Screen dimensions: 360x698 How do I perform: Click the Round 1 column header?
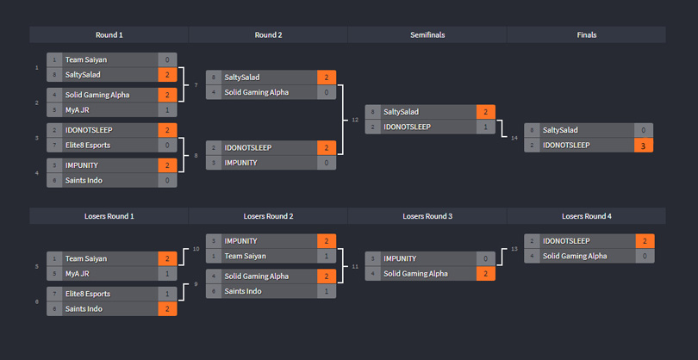pyautogui.click(x=109, y=34)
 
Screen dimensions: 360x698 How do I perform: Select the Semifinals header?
pyautogui.click(x=427, y=34)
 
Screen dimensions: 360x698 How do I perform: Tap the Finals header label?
pyautogui.click(x=586, y=34)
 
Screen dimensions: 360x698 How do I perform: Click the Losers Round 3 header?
pyautogui.click(x=427, y=216)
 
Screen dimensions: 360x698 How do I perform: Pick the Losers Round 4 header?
pyautogui.click(x=586, y=216)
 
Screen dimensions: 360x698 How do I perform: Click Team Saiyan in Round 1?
pyautogui.click(x=86, y=60)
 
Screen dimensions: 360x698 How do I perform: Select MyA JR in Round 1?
pyautogui.click(x=77, y=110)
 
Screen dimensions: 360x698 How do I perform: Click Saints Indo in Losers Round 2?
pyautogui.click(x=243, y=291)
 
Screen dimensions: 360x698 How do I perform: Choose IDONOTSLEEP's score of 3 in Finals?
pyautogui.click(x=644, y=146)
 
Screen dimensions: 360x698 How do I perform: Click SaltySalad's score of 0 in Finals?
pyautogui.click(x=644, y=130)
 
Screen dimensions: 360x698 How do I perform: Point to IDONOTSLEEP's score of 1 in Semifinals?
pyautogui.click(x=486, y=127)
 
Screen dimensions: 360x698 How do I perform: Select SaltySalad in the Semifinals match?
pyautogui.click(x=402, y=112)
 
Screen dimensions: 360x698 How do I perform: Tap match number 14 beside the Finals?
pyautogui.click(x=514, y=138)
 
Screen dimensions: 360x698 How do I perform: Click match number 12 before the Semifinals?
pyautogui.click(x=355, y=120)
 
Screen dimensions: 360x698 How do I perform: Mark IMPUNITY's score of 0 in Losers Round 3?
pyautogui.click(x=486, y=258)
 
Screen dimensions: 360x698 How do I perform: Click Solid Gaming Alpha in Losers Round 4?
pyautogui.click(x=575, y=256)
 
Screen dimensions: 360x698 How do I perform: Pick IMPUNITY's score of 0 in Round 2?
pyautogui.click(x=327, y=163)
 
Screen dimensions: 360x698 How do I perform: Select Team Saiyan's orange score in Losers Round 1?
pyautogui.click(x=167, y=258)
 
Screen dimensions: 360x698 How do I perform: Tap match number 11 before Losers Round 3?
pyautogui.click(x=355, y=266)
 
